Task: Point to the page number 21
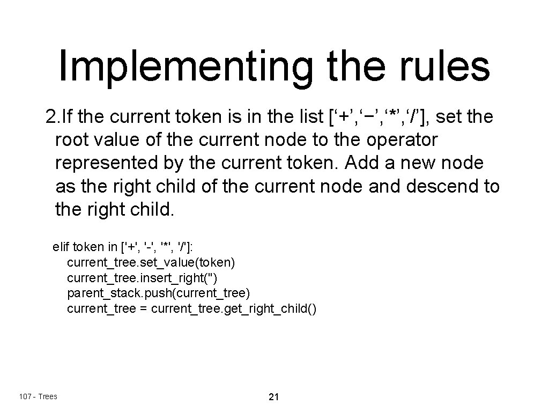(x=273, y=398)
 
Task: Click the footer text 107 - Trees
(x=38, y=396)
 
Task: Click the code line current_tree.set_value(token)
(x=151, y=263)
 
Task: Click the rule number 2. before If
(x=53, y=116)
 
